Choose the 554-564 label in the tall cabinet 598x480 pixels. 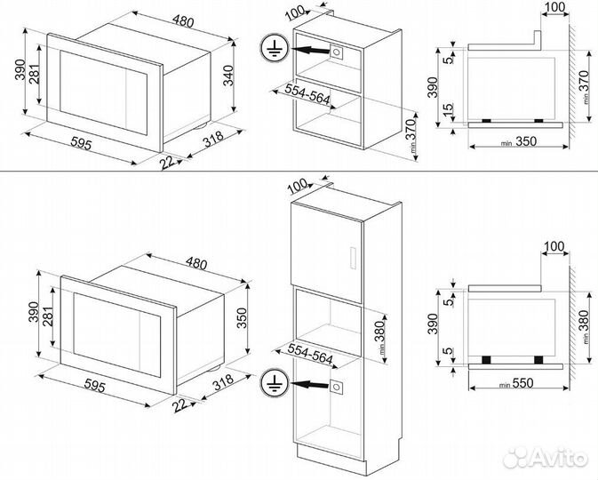pyautogui.click(x=308, y=352)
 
